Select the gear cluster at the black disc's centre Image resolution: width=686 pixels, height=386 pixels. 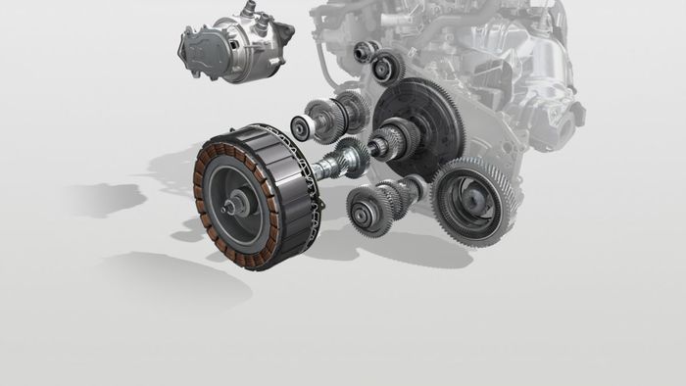coord(402,137)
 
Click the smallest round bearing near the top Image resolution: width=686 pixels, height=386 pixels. coord(363,51)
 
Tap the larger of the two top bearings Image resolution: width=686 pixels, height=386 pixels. coord(388,67)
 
